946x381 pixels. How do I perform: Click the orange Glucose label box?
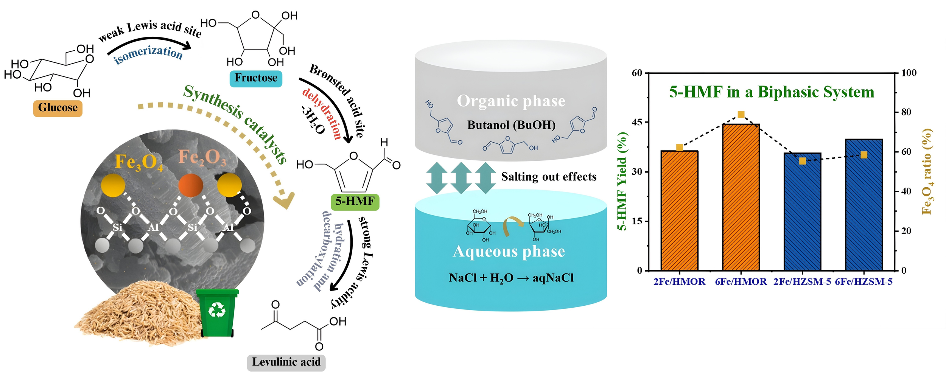coord(58,108)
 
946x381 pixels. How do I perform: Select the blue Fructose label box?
coord(256,78)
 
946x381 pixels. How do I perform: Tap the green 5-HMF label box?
coord(355,201)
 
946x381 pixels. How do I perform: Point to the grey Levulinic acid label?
coord(286,362)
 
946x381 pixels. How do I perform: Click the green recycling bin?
coord(217,312)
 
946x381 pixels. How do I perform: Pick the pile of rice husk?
coord(140,314)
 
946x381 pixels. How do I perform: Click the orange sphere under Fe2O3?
coord(190,185)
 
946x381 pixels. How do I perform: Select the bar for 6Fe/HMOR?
coord(741,197)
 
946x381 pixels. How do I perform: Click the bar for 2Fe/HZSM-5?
coord(802,212)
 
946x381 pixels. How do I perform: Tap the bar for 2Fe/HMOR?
coord(679,210)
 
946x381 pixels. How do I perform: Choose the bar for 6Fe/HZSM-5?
coord(864,204)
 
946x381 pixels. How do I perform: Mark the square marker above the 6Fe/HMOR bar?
coord(741,115)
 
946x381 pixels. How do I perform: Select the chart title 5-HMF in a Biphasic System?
coord(772,92)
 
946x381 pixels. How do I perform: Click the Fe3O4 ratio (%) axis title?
coord(927,171)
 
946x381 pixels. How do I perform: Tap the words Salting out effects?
coord(549,177)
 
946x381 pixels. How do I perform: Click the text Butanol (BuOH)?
coord(511,125)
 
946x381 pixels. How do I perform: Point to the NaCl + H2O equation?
coord(511,278)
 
